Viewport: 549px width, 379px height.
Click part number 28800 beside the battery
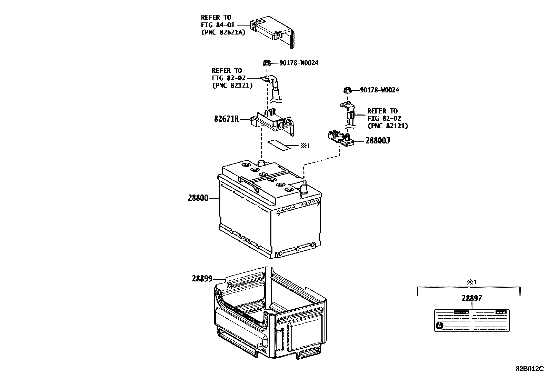tap(198, 198)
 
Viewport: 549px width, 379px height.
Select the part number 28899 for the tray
tap(202, 279)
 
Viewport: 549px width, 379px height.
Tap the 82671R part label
tap(226, 119)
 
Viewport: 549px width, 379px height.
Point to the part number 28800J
tap(378, 141)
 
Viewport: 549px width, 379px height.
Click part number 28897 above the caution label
tap(472, 299)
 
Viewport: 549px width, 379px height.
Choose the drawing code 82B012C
tap(529, 369)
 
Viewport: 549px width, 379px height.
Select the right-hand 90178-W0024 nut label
tap(379, 90)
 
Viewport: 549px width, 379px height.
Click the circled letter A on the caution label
tap(439, 325)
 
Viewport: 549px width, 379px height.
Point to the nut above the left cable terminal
tap(266, 63)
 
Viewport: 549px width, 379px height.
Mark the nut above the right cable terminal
tap(348, 90)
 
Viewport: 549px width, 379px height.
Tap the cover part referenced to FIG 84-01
tap(274, 33)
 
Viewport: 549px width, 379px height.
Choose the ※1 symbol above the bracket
tap(471, 282)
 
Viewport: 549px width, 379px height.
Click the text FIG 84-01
tap(216, 25)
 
